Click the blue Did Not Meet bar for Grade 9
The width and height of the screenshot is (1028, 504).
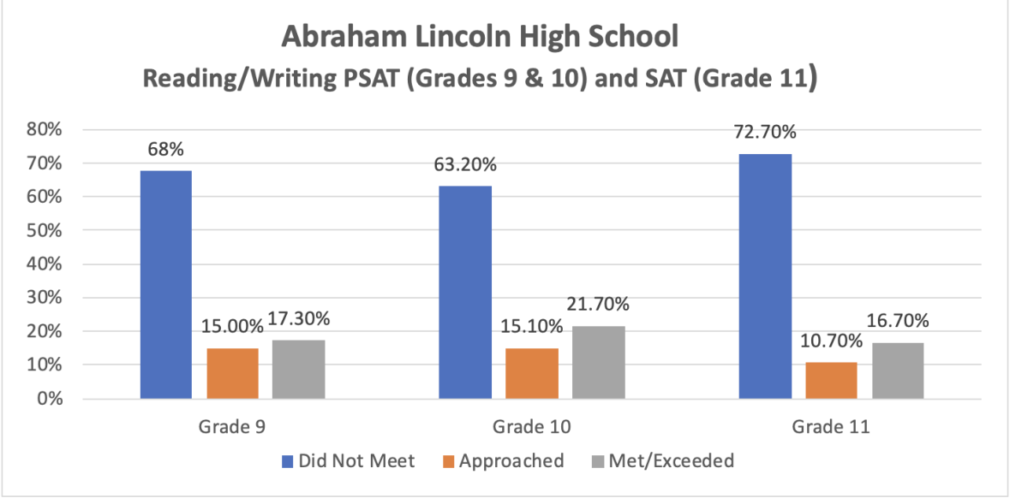[166, 285]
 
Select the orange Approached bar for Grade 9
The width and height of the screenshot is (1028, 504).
[232, 374]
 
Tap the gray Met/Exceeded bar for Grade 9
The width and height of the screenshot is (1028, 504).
[299, 370]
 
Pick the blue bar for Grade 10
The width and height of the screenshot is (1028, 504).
[465, 293]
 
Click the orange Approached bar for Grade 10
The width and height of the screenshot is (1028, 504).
[531, 374]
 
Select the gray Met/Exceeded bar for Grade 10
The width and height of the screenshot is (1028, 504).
[598, 363]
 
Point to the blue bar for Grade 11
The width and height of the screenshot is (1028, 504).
[764, 276]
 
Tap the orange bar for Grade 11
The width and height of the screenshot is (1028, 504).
[831, 381]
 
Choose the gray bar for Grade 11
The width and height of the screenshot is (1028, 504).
[898, 371]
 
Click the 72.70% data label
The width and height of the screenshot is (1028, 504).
[764, 133]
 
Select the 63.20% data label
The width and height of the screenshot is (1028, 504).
[465, 164]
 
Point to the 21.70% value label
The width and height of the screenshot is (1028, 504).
[598, 305]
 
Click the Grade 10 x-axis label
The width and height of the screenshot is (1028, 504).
[531, 426]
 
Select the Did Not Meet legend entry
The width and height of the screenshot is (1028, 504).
[348, 461]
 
